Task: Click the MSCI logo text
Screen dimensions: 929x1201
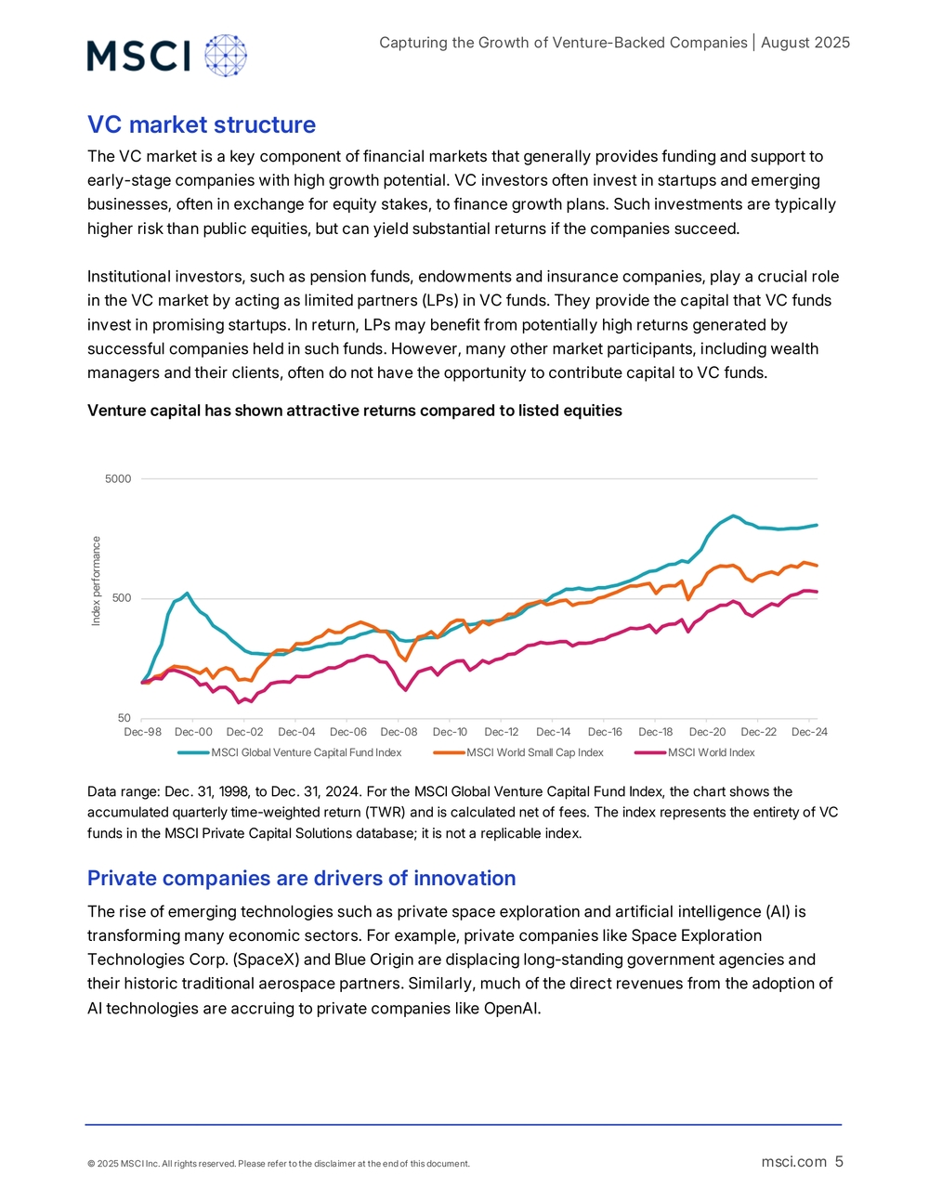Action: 138,56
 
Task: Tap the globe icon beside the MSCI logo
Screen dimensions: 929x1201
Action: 226,56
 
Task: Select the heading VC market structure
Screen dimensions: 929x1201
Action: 202,124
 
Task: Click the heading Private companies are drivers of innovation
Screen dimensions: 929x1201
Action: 301,878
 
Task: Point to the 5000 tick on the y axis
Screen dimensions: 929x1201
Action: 118,478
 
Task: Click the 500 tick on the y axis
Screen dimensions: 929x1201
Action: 121,598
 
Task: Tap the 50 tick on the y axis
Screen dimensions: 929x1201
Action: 124,717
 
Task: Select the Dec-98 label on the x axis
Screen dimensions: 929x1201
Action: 142,732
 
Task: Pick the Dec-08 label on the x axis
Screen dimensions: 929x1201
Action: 399,732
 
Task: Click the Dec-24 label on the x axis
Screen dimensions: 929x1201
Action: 810,732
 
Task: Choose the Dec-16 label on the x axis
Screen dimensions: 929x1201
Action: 605,732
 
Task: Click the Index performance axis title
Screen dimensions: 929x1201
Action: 97,581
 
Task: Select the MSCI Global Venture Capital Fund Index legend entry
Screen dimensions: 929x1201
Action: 290,752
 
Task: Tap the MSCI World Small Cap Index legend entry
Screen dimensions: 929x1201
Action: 518,752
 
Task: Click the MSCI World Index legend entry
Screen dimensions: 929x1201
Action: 695,752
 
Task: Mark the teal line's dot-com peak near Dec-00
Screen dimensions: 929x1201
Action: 187,593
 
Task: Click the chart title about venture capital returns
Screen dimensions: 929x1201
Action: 355,411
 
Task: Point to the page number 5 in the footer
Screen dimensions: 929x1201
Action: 839,1161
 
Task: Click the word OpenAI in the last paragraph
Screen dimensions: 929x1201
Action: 511,1008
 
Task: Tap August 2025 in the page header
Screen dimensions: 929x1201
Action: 805,43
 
